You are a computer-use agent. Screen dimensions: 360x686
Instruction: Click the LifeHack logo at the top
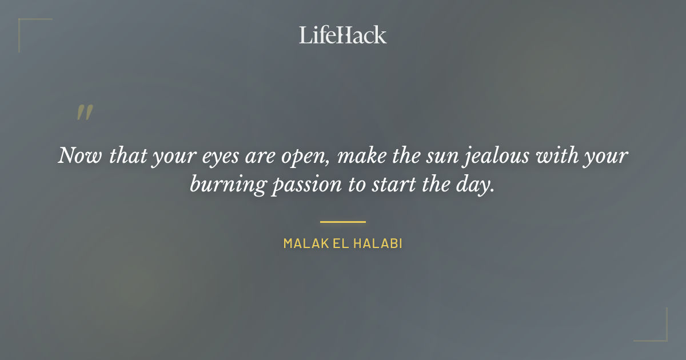[x=342, y=35]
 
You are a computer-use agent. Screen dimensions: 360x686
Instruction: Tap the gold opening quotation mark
[x=84, y=113]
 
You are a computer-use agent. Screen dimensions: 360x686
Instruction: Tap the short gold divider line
[x=342, y=222]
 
